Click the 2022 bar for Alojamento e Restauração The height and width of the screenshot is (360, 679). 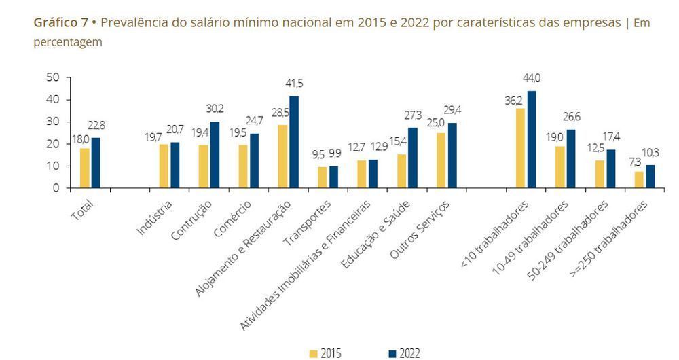tap(294, 142)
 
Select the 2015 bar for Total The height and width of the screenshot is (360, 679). tap(84, 168)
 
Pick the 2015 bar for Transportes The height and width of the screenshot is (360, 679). tap(323, 177)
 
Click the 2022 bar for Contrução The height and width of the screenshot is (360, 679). tap(215, 154)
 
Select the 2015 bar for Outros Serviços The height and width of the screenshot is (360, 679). tap(441, 160)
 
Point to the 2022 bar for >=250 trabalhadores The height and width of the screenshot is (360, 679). tap(650, 177)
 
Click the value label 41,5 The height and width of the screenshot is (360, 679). tap(295, 84)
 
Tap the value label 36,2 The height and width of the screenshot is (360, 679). tap(513, 101)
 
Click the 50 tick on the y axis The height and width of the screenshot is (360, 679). tap(52, 77)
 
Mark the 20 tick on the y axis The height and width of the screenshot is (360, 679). tap(52, 144)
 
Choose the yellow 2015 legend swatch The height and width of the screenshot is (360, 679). tap(313, 353)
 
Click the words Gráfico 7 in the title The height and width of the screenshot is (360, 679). tap(61, 23)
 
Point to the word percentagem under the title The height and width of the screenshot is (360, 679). tap(68, 42)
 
